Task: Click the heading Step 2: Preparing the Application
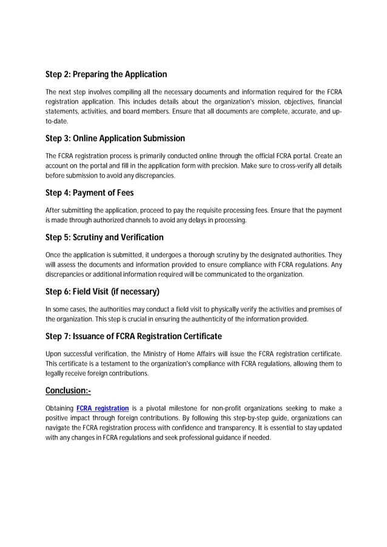[x=106, y=75]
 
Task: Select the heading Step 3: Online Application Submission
[x=115, y=139]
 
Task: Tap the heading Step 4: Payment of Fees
[x=89, y=193]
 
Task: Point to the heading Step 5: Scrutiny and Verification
[x=104, y=237]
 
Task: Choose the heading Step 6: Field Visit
[x=103, y=291]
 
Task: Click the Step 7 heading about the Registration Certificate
[x=133, y=336]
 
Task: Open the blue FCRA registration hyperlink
[x=103, y=409]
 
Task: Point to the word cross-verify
[x=297, y=166]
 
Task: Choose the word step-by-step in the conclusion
[x=251, y=419]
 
